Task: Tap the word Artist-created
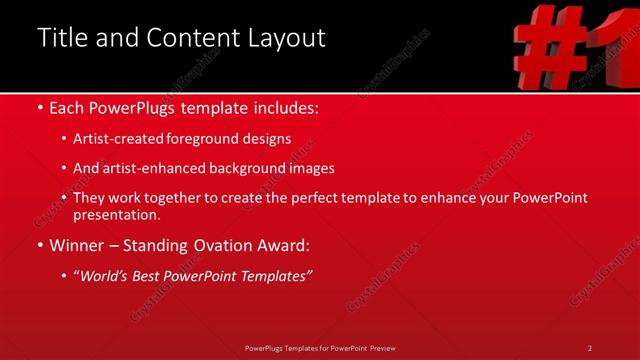tap(120, 138)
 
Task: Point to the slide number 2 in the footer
tap(590, 348)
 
